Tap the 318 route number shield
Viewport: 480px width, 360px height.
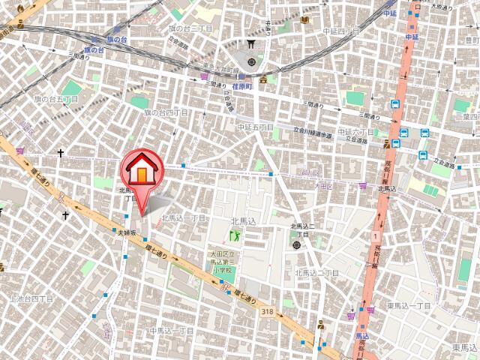pyautogui.click(x=268, y=310)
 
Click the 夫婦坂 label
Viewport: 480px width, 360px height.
pyautogui.click(x=127, y=233)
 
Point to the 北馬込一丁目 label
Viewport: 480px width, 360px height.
pyautogui.click(x=183, y=217)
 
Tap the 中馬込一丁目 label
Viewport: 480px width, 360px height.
pyautogui.click(x=172, y=331)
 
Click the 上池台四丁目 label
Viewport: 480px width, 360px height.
pyautogui.click(x=31, y=299)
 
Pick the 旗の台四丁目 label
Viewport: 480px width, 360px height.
pyautogui.click(x=166, y=112)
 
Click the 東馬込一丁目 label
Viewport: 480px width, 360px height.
pyautogui.click(x=409, y=306)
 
